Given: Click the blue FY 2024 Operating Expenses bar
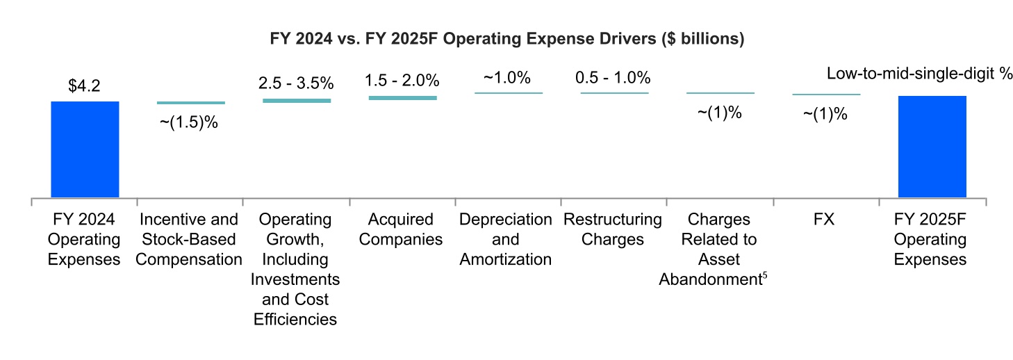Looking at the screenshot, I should click(85, 149).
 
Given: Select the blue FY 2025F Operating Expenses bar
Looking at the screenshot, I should click(932, 147).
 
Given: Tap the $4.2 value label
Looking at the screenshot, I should click(85, 86).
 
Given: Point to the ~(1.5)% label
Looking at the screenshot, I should click(189, 123).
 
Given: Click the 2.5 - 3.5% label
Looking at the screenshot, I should click(296, 83).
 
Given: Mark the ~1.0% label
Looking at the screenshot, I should click(508, 76).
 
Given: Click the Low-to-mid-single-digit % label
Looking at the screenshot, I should click(919, 74).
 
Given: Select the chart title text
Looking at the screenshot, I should click(507, 40).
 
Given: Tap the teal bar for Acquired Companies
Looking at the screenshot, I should click(403, 98).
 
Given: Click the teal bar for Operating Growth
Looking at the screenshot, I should click(297, 101).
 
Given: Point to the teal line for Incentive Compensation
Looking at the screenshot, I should click(191, 103).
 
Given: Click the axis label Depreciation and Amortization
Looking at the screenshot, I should click(506, 240).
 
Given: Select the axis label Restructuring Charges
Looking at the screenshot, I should click(613, 230).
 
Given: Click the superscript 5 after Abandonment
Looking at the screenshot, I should click(764, 275).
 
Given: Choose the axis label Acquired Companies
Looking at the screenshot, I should click(403, 230).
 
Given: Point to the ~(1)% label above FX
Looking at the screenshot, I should click(825, 114).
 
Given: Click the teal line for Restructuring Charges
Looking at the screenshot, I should click(614, 92).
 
